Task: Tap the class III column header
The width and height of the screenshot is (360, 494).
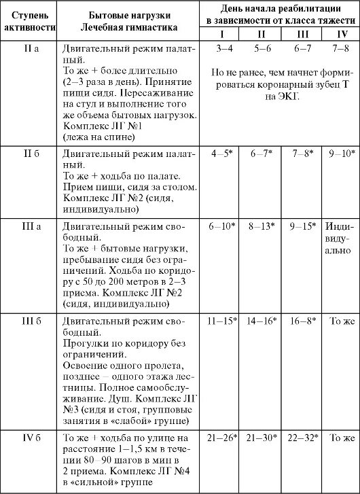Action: [304, 33]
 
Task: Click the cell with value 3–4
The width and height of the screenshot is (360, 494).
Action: [223, 49]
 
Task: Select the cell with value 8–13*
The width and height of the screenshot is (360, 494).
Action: [264, 226]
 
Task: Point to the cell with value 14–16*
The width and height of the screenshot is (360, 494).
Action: [264, 319]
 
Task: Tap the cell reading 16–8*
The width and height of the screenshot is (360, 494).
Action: [304, 319]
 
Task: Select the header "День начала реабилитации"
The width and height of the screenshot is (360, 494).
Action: [280, 8]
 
